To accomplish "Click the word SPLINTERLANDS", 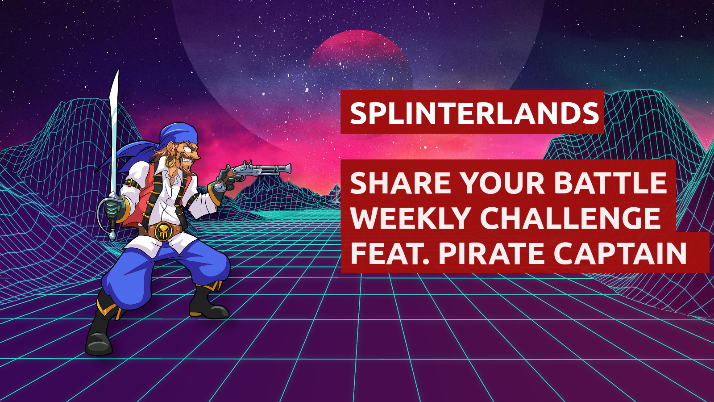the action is coord(474,113).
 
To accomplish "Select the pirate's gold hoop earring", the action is coord(170,160).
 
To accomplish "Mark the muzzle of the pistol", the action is coord(288,168).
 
